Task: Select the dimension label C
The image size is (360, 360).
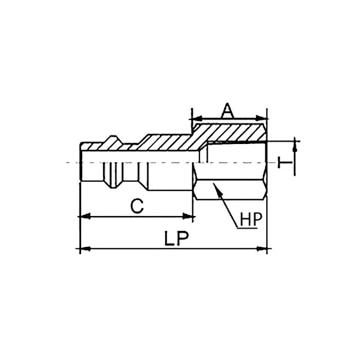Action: click(136, 206)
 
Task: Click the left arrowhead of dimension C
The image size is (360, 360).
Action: click(82, 217)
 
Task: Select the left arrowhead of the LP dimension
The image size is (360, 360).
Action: click(82, 249)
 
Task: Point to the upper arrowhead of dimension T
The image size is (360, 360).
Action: click(295, 147)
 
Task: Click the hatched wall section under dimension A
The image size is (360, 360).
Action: click(231, 133)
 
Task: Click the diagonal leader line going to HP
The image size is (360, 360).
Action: click(229, 208)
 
